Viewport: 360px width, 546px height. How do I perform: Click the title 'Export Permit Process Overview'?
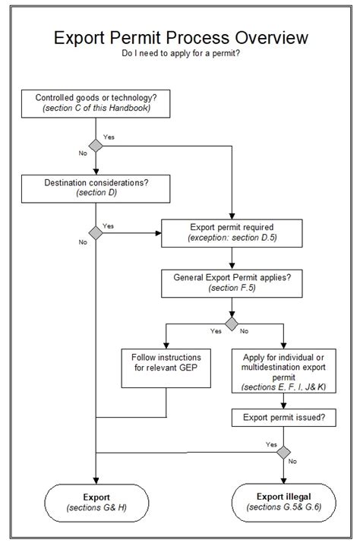(180, 39)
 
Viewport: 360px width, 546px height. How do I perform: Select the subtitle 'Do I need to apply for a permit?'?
(180, 55)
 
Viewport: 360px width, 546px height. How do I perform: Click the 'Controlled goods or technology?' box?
(95, 103)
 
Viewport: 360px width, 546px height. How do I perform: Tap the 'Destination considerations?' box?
(95, 188)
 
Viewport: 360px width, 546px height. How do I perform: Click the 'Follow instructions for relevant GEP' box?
(166, 367)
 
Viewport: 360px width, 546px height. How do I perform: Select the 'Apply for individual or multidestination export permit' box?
(284, 371)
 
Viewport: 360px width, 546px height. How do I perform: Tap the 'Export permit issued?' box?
(284, 417)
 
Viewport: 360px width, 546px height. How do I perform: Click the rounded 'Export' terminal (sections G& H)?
(95, 501)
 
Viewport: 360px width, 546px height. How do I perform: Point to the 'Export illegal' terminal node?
(284, 501)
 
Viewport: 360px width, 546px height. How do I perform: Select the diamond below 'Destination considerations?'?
(95, 232)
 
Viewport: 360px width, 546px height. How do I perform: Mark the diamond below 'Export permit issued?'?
(284, 453)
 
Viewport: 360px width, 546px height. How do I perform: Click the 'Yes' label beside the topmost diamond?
(109, 137)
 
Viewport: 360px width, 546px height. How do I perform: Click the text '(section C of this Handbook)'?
(95, 108)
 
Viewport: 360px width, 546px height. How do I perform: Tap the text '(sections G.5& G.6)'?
(284, 507)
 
